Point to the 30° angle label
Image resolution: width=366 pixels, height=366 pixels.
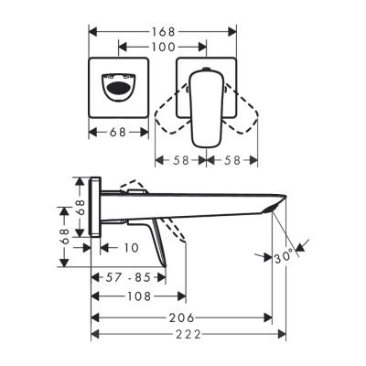(x=285, y=258)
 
